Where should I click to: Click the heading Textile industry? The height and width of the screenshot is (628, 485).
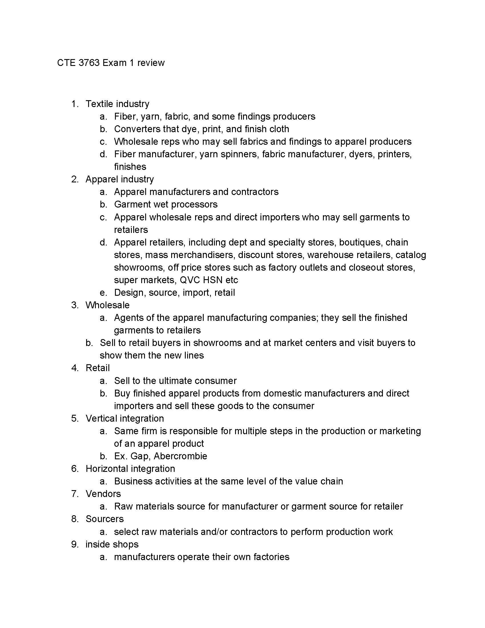point(117,104)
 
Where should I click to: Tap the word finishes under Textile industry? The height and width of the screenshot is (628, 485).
point(130,167)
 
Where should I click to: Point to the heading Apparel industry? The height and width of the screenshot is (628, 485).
point(120,179)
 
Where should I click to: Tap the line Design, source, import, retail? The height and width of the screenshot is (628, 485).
point(174,293)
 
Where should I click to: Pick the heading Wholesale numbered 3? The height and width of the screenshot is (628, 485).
point(108,305)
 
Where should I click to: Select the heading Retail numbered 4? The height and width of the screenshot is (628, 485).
point(98,368)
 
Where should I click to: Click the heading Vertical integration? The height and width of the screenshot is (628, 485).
point(125,418)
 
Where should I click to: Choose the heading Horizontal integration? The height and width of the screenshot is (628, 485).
point(130,469)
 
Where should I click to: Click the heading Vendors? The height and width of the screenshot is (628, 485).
point(103,494)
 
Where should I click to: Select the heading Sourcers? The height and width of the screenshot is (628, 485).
point(105,519)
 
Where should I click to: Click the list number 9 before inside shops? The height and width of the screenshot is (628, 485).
point(74,544)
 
